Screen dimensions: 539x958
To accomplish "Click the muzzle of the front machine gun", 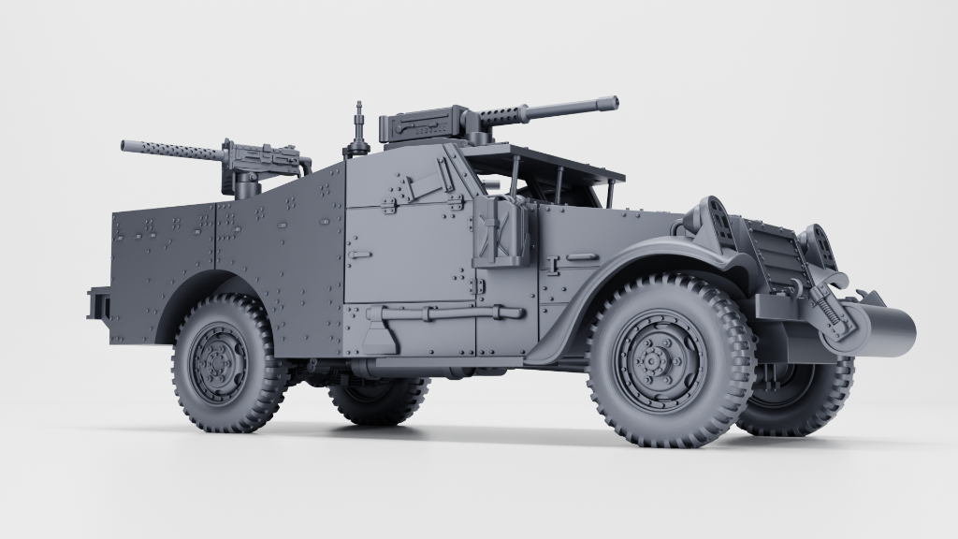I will pyautogui.click(x=613, y=101).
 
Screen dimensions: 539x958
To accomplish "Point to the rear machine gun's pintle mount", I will pyautogui.click(x=246, y=186).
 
